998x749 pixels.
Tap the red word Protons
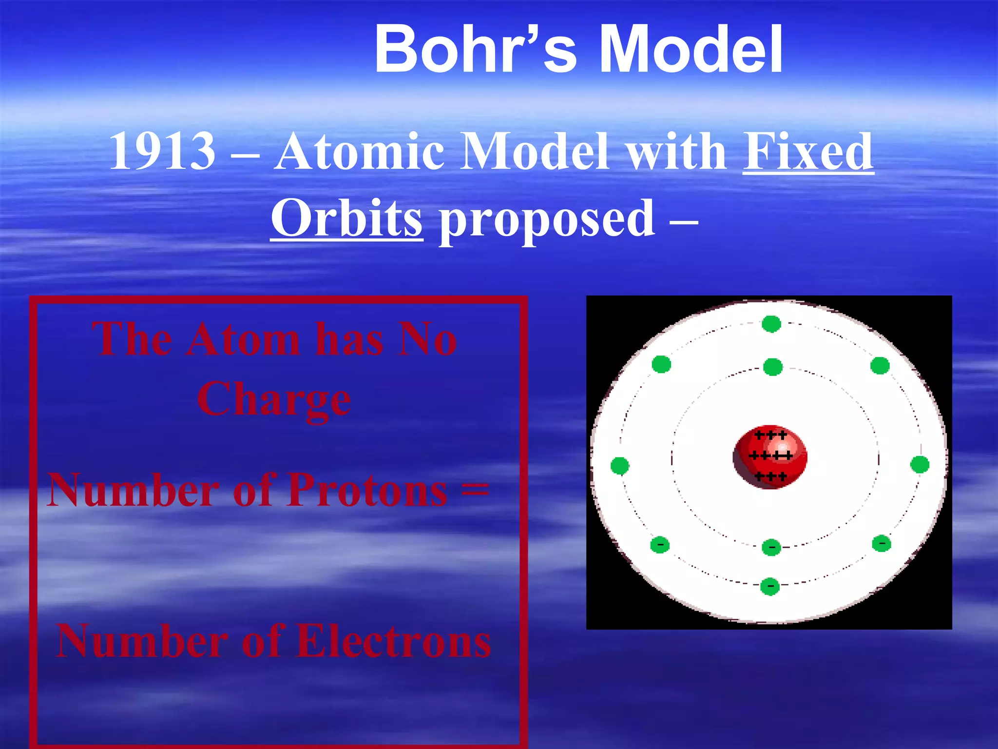click(x=366, y=490)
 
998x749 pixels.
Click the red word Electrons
click(x=394, y=641)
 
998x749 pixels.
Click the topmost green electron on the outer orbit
click(x=771, y=324)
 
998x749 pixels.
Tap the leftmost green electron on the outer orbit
click(x=620, y=466)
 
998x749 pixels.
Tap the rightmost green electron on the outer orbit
click(x=920, y=464)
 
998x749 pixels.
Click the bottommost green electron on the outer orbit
click(x=770, y=587)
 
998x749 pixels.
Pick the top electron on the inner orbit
click(x=773, y=367)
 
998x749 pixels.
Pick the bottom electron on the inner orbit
click(x=771, y=547)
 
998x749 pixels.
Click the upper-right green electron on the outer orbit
click(x=880, y=365)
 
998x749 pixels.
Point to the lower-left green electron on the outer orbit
click(x=660, y=545)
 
